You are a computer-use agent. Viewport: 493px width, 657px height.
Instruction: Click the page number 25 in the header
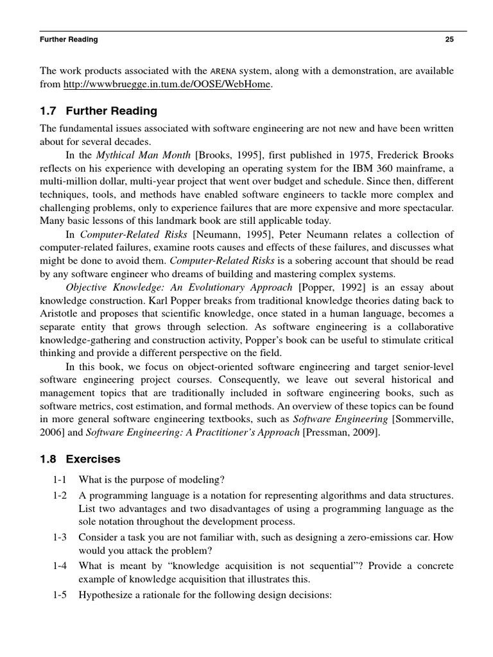[449, 39]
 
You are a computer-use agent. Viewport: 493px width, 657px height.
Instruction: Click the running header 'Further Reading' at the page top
[69, 39]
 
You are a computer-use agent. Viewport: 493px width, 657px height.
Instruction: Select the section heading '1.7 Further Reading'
[98, 111]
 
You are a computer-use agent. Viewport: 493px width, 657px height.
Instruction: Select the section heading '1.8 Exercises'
[80, 459]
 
